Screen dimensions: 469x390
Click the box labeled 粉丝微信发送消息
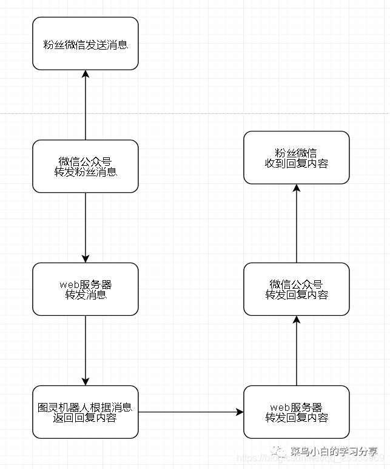tap(86, 44)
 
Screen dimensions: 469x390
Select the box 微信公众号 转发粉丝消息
tap(86, 166)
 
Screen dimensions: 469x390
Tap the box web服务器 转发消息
tap(86, 289)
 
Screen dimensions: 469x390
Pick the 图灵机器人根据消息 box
tap(86, 412)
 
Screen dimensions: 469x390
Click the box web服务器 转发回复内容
tap(297, 412)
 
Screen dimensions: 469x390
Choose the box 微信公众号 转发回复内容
tap(297, 289)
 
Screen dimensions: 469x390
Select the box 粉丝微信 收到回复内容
tap(297, 157)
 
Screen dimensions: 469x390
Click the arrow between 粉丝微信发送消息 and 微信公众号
tap(86, 105)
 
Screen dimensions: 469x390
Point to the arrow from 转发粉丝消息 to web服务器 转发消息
tap(86, 228)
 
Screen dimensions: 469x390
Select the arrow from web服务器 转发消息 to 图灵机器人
tap(86, 350)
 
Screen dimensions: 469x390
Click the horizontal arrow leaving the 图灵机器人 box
tap(190, 412)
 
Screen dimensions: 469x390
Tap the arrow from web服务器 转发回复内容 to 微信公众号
tap(297, 350)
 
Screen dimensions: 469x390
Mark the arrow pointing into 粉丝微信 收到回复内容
tap(297, 223)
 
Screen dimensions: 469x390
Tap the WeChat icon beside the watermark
tap(280, 451)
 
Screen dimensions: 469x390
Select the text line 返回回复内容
tap(86, 418)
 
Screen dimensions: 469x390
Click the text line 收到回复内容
tap(297, 163)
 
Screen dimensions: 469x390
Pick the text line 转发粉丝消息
tap(86, 172)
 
